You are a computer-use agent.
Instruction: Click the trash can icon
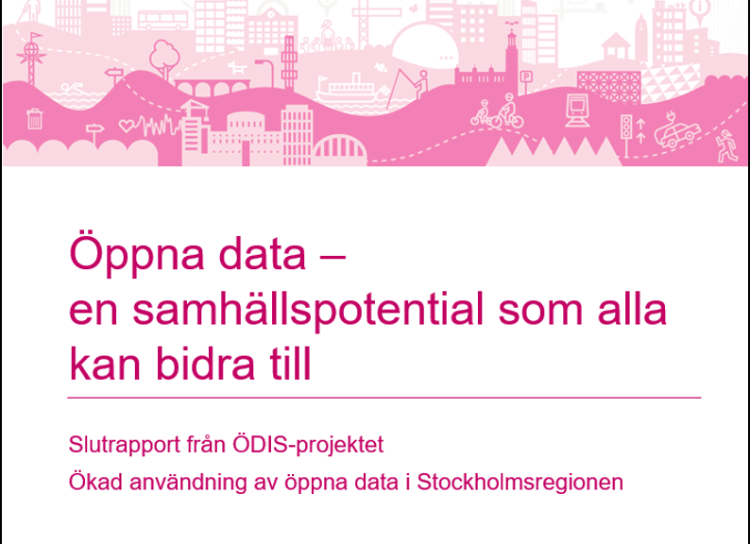[35, 119]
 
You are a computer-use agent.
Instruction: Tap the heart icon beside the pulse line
[127, 127]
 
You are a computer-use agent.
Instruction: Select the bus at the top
[162, 20]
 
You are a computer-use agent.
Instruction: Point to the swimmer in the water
[72, 88]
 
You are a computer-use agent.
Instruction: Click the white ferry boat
[346, 88]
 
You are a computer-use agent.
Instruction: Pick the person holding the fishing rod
[421, 84]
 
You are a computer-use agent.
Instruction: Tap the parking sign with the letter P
[526, 76]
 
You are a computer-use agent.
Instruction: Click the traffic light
[625, 127]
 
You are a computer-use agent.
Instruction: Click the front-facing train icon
[577, 111]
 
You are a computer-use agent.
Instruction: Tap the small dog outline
[236, 66]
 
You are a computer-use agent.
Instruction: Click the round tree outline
[164, 58]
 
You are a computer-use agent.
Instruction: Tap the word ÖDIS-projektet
[308, 446]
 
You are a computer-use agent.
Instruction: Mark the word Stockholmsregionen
[520, 483]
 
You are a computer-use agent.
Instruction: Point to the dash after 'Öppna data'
[331, 257]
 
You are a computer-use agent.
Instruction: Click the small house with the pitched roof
[616, 46]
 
